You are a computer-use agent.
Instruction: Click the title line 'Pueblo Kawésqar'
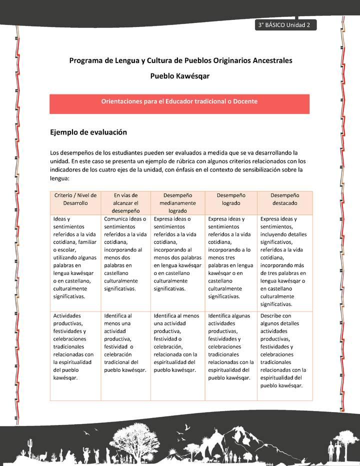180,76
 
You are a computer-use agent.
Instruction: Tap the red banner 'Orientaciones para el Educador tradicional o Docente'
179,101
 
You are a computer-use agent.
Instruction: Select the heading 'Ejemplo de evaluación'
88,132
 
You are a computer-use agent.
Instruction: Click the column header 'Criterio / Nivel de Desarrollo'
75,199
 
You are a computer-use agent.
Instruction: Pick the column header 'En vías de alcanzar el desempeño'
125,203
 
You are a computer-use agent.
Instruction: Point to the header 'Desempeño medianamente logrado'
177,203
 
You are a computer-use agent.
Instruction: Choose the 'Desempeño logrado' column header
230,199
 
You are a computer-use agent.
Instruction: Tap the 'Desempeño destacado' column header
284,199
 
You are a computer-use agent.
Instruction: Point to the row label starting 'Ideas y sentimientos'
75,257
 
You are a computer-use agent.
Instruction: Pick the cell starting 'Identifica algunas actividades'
230,346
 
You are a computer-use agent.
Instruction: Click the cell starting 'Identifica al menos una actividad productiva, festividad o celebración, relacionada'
177,342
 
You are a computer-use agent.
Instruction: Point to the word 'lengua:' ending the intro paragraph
60,178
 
